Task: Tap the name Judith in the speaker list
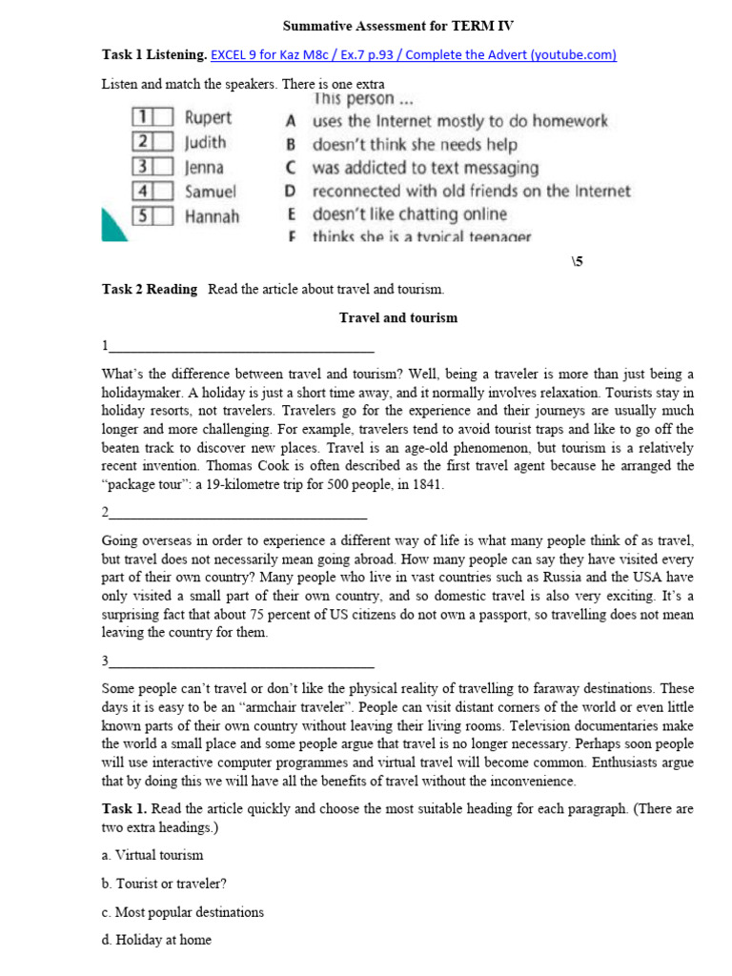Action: (206, 143)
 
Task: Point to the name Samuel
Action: (211, 192)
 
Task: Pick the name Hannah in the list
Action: (212, 216)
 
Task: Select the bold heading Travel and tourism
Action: (398, 317)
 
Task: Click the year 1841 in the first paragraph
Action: (428, 484)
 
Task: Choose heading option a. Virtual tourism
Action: (152, 855)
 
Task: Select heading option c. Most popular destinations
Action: (182, 912)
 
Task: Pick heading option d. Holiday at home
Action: (156, 940)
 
